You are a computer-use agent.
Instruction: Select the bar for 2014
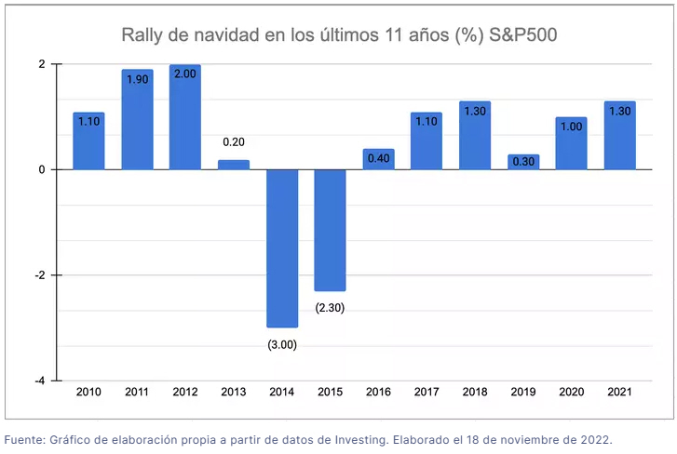tap(282, 247)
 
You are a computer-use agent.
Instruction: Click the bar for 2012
tap(185, 118)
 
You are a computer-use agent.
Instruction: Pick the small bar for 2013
tap(234, 165)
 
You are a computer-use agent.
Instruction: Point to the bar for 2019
tap(523, 162)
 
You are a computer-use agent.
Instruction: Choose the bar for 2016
tap(379, 159)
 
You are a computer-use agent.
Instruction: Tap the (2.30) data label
tap(331, 307)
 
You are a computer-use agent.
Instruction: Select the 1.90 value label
tap(137, 79)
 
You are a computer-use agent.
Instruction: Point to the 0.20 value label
tap(234, 142)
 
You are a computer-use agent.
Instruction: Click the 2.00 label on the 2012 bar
tap(185, 73)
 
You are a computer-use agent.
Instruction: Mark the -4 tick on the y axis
tap(41, 381)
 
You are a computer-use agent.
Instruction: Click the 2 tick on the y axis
tap(42, 64)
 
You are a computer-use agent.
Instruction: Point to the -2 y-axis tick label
tap(40, 275)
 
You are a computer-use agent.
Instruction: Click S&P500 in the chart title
tap(517, 36)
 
